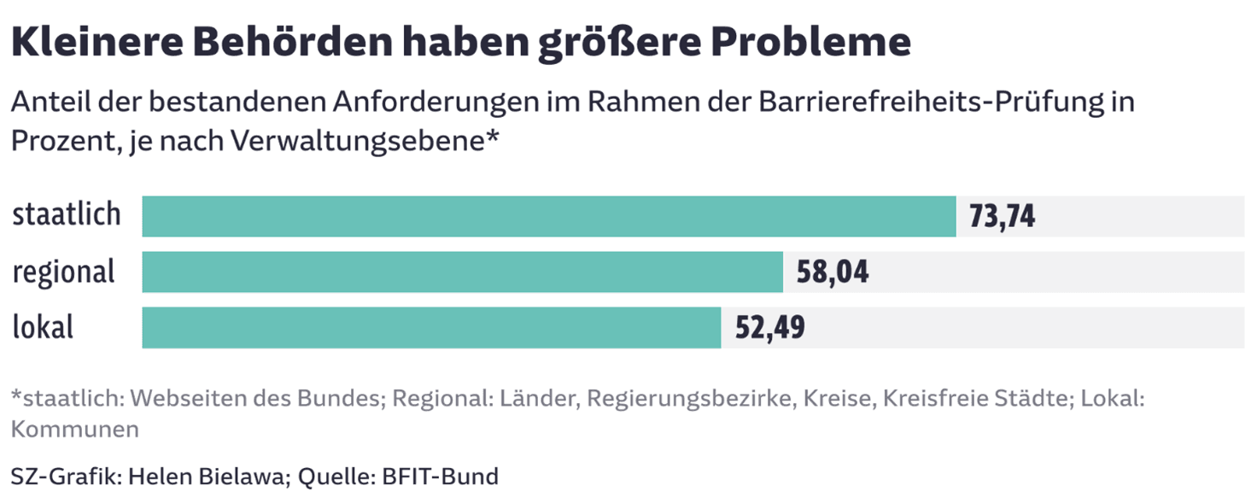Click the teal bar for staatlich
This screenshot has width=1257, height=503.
coord(548,216)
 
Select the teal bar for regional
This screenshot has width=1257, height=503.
coord(462,272)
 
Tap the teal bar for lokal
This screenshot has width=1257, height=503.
coord(431,327)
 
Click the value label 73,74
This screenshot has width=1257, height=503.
coord(1002,217)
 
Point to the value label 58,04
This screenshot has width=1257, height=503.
coord(832,272)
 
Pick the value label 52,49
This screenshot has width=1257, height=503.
coord(769,328)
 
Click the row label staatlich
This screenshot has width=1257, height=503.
coord(67,215)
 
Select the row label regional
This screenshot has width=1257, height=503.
coord(63,272)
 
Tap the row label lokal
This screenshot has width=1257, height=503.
coord(43,327)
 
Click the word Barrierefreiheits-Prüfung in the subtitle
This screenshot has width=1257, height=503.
coord(936,103)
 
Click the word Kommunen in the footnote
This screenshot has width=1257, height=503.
coord(74,429)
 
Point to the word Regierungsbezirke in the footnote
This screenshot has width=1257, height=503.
coord(686,399)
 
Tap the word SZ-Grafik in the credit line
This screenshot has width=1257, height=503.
coord(65,476)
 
